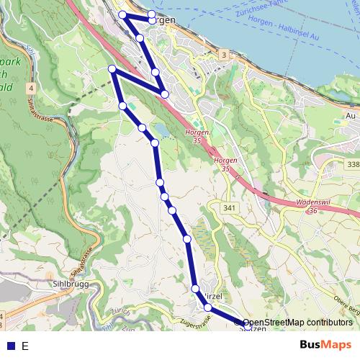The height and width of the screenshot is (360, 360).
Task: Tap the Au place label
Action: (351, 115)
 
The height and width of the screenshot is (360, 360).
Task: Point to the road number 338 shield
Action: (352, 165)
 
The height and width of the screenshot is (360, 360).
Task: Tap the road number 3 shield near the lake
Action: (224, 55)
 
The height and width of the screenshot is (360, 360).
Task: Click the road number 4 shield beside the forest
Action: (32, 88)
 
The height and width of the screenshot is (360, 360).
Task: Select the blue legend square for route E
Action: (10, 346)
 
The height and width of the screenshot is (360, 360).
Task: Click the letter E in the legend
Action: (25, 346)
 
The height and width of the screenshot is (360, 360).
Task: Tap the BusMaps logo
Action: (326, 345)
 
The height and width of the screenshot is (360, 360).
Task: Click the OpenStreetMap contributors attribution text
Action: (297, 323)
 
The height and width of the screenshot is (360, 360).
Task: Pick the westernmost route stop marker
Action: (112, 68)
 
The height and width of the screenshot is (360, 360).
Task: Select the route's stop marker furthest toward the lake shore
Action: (152, 14)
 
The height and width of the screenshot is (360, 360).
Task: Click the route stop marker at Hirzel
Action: (195, 289)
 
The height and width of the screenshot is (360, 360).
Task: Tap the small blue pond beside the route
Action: (159, 130)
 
